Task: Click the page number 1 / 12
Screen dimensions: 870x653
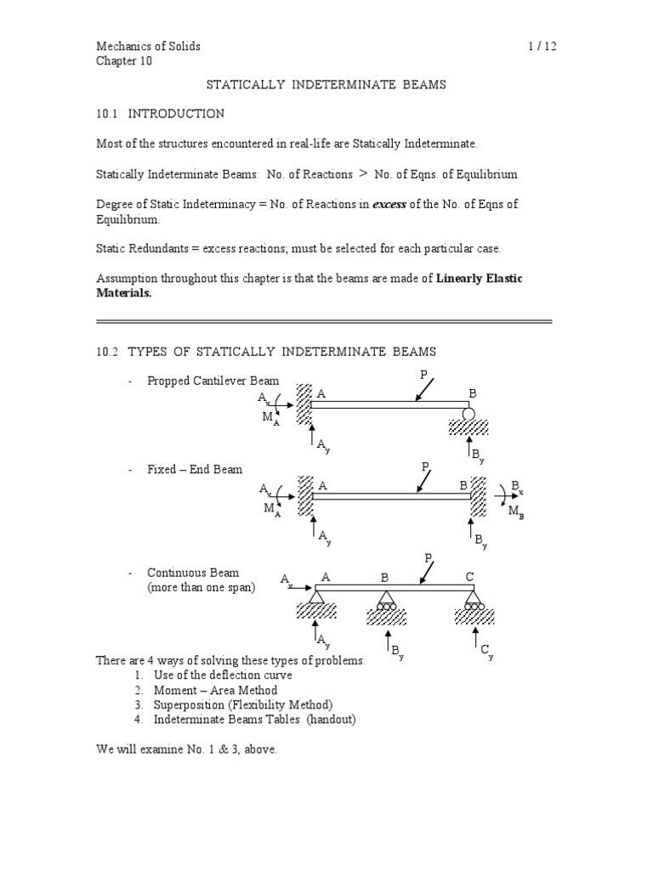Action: (541, 46)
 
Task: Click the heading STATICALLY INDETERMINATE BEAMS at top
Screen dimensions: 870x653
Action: (327, 85)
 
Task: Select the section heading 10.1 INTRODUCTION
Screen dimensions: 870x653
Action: (160, 113)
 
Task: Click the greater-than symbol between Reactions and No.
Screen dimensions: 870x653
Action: (363, 173)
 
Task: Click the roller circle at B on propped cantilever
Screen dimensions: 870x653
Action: (468, 414)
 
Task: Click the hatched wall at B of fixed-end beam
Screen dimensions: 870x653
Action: (479, 496)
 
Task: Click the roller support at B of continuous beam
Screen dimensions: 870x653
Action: (387, 600)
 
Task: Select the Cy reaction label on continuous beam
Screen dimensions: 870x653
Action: (486, 652)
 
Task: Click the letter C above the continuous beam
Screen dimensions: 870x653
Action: (468, 577)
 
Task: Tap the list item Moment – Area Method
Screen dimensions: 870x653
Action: (215, 690)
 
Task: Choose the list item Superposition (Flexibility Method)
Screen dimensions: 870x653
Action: (243, 705)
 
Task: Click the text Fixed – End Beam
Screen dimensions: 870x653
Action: (195, 469)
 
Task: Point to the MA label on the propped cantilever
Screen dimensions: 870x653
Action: (270, 417)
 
